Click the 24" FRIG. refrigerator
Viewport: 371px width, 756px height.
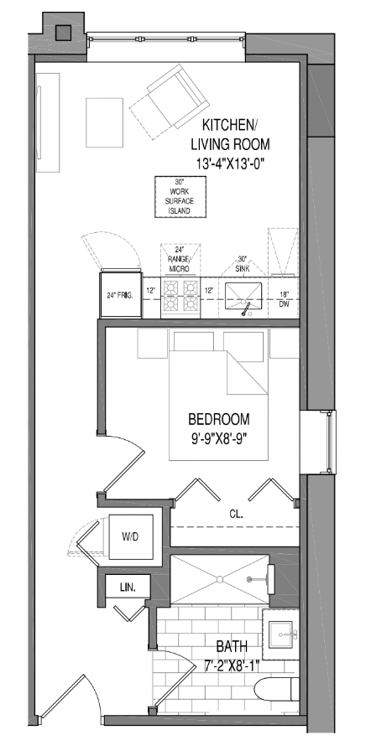tap(120, 294)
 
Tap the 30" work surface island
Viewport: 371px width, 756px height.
tap(178, 198)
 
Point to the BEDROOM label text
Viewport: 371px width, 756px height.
tap(219, 419)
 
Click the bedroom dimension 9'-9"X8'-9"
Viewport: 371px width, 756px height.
tap(220, 437)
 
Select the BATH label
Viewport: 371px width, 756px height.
tap(232, 647)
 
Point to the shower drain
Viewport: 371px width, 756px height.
tap(220, 578)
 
